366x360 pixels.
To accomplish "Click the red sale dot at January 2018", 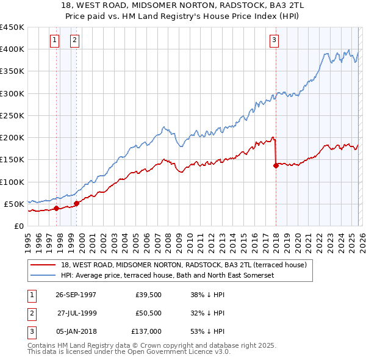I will [x=276, y=165].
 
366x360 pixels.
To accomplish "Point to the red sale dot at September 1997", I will [x=57, y=208].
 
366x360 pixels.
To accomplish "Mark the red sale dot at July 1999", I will [x=76, y=203].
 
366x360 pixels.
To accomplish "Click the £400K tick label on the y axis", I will [x=12, y=49].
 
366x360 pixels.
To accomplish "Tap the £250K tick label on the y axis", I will [x=12, y=115].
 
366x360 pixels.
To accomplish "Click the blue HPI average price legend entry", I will [x=168, y=276].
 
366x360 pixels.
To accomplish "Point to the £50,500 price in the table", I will [x=149, y=312].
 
